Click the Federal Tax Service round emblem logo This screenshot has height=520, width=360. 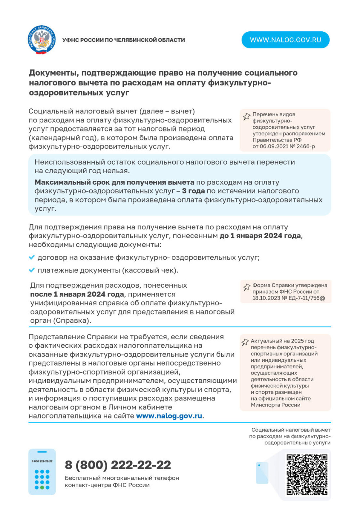click(42, 40)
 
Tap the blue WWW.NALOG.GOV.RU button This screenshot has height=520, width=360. click(285, 40)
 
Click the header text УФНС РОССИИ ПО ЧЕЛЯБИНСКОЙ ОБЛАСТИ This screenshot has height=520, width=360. click(123, 40)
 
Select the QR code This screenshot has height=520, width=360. click(307, 475)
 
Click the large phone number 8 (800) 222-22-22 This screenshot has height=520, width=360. click(118, 465)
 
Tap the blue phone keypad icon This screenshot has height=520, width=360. click(42, 472)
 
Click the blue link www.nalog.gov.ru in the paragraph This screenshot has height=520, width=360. click(169, 416)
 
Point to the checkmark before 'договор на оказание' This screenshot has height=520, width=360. click(32, 257)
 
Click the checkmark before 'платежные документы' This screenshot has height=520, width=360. click(32, 270)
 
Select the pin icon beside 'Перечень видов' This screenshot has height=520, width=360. click(247, 117)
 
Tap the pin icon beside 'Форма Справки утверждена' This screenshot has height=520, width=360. click(247, 287)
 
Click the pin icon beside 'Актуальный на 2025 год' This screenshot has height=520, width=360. click(245, 342)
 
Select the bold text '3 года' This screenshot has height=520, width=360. click(193, 191)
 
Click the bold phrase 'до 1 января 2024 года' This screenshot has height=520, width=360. click(260, 236)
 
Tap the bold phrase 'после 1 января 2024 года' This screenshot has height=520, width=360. click(77, 294)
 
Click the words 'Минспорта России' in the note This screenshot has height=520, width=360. click(275, 405)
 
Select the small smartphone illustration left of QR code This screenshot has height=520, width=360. click(262, 473)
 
